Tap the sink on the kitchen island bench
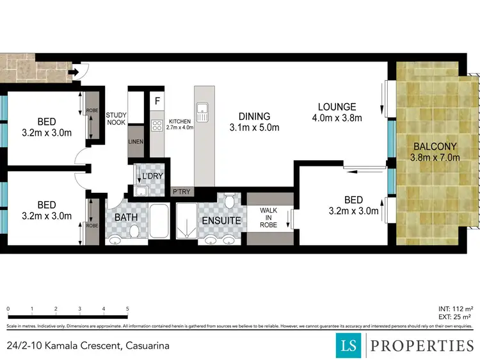coord(203,113)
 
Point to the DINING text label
coord(254,117)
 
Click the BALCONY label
coord(435,145)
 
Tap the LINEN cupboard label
coord(136,142)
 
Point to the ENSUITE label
coord(221,220)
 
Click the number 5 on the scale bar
coord(127,309)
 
